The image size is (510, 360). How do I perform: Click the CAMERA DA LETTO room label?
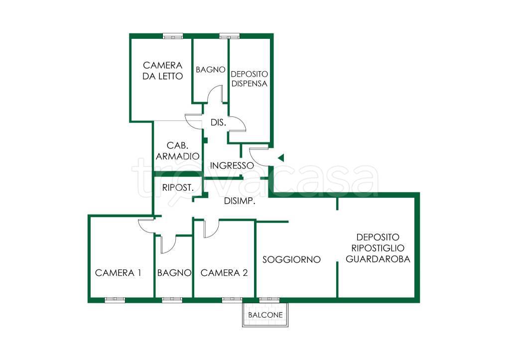click(163, 71)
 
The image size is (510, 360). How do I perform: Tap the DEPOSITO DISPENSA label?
click(250, 79)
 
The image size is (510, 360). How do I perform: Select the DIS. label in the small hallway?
click(218, 122)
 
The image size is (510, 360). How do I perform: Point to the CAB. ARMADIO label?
click(178, 151)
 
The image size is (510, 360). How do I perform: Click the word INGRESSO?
click(232, 165)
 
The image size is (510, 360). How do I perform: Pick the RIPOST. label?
click(178, 188)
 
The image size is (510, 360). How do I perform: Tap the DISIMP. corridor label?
click(240, 201)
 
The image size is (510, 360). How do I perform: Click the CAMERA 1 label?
click(118, 273)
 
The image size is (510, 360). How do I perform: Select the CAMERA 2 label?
click(224, 273)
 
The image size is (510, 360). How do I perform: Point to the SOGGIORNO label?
click(291, 259)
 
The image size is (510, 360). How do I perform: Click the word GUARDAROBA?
click(378, 259)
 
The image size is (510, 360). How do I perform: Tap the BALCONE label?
click(265, 315)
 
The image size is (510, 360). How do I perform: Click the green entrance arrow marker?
click(281, 158)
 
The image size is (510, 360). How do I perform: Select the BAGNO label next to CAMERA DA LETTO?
click(211, 70)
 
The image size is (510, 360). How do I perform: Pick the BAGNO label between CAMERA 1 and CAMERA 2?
click(174, 273)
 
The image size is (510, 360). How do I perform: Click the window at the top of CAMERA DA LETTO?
click(173, 36)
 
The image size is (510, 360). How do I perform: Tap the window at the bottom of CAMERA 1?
click(115, 300)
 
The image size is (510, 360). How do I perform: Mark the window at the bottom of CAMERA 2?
click(232, 300)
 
